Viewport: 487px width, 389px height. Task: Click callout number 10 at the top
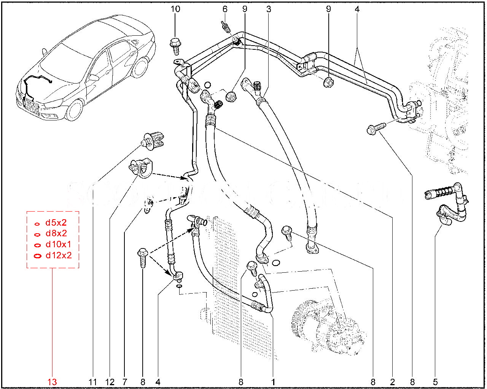[175, 9]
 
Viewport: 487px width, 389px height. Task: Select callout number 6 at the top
[224, 9]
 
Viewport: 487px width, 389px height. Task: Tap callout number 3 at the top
[269, 9]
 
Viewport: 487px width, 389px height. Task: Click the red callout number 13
[52, 382]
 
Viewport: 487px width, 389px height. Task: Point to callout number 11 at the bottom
[93, 382]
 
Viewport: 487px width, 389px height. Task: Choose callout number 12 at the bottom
[110, 382]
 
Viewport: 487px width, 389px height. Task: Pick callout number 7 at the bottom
[125, 382]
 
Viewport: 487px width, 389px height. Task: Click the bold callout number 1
[273, 382]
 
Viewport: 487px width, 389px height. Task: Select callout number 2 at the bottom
[392, 382]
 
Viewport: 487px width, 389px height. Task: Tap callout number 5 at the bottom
[435, 382]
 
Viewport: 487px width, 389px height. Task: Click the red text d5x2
[56, 223]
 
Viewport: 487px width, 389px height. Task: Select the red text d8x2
[56, 234]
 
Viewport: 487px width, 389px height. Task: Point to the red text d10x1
[58, 244]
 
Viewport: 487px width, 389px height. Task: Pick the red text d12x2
[59, 255]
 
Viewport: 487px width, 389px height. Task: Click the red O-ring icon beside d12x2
[37, 256]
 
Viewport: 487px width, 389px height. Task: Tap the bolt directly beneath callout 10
[175, 45]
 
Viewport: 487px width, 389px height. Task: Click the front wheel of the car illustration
[74, 110]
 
